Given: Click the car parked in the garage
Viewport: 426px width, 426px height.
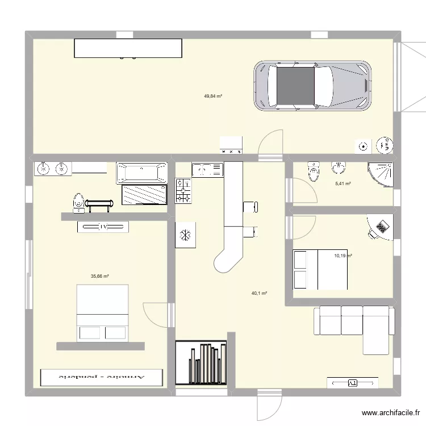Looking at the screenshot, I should coord(312,87).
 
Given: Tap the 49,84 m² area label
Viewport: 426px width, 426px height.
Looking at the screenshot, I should coord(213,96).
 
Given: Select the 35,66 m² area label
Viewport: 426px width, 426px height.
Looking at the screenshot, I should coord(99,277).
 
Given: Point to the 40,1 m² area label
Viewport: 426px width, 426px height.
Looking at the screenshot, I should coord(259,294).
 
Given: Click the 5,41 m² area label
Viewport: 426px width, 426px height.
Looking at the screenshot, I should coord(343,183).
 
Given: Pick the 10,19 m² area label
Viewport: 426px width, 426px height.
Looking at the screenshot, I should coord(343,256).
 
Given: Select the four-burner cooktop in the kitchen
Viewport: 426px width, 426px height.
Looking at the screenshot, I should coord(183,190).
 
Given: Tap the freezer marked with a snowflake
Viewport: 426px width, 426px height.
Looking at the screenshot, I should coord(185,235).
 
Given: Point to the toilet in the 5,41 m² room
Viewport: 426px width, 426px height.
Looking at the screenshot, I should coord(313,171).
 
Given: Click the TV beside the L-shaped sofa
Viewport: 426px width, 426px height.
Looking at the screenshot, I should coord(352,383).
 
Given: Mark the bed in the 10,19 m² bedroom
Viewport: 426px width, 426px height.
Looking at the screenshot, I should coord(319,270).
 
